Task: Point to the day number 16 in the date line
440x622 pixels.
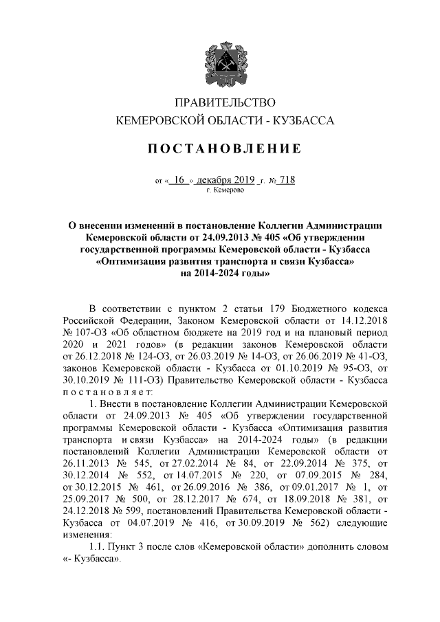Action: pos(180,180)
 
